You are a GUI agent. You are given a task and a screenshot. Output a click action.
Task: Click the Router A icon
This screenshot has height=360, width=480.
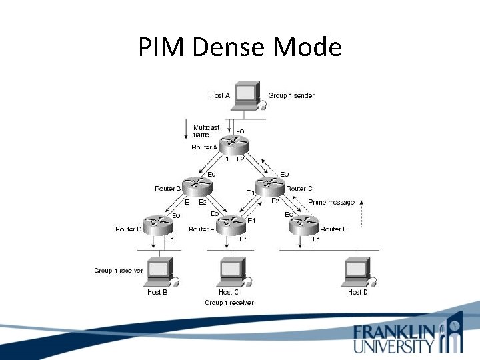(x=233, y=143)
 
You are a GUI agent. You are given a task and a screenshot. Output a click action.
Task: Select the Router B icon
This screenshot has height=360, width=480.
(x=196, y=187)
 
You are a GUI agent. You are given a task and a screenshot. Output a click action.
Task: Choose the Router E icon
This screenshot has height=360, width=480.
(x=231, y=226)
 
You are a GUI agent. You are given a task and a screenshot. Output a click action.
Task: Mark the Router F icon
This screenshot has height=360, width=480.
(x=306, y=226)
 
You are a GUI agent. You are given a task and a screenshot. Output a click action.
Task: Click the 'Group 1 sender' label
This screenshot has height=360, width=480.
(x=291, y=95)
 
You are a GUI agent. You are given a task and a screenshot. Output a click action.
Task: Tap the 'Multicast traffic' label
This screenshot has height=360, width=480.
(x=206, y=131)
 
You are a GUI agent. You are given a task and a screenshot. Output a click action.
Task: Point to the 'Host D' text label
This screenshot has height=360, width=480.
(x=357, y=292)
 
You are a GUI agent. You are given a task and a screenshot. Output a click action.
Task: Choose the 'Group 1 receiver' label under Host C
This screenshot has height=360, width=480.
(x=229, y=303)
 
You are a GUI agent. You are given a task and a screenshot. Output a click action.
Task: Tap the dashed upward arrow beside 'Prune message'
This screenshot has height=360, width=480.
(x=361, y=213)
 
